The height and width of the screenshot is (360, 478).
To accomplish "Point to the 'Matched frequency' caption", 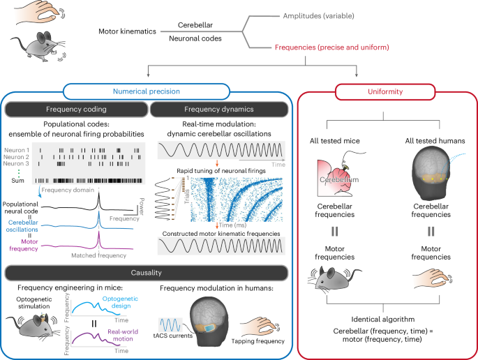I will tap(96, 256).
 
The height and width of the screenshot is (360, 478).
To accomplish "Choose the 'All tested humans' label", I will tap(425, 142).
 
